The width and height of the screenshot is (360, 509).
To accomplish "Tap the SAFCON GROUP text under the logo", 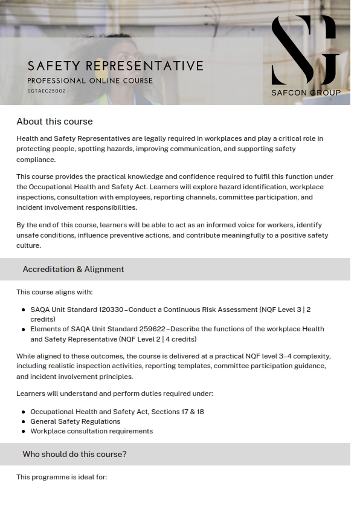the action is [x=306, y=92].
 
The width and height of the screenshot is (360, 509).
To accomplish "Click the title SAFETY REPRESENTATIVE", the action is [x=115, y=65].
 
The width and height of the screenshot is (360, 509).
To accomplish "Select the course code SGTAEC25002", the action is [x=47, y=91].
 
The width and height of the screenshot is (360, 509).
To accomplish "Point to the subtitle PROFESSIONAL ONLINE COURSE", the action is [x=90, y=80].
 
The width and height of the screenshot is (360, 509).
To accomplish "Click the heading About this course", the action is [x=54, y=122].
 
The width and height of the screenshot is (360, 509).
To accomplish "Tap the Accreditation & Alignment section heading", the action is [x=73, y=269].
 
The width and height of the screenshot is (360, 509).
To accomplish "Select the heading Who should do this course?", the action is [x=74, y=454].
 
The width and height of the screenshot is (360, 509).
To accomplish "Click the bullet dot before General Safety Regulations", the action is [x=24, y=422].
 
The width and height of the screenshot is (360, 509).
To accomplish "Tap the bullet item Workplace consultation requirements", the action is [x=91, y=431].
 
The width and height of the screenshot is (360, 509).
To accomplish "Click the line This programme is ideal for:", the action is [x=62, y=477].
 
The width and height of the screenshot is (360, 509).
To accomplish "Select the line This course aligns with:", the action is [x=54, y=292].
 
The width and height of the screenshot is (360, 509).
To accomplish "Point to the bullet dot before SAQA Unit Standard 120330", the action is [x=24, y=310].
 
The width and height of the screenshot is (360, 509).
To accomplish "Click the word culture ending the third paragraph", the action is [x=28, y=245].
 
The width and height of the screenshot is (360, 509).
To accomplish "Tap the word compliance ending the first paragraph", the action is [x=36, y=160].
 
